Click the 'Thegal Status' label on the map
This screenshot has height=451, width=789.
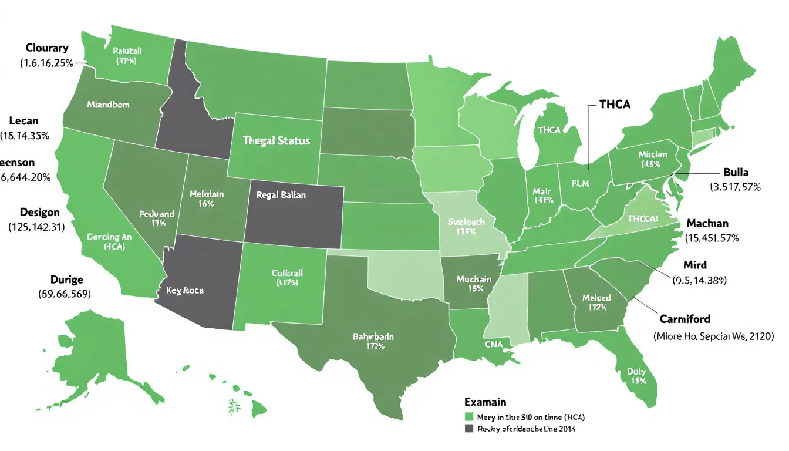[x=276, y=142]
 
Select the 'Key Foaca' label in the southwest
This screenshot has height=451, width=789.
[x=181, y=290]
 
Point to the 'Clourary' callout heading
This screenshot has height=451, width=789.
[x=47, y=48]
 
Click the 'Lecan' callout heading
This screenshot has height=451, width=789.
[x=24, y=121]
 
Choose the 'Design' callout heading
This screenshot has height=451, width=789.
[x=39, y=212]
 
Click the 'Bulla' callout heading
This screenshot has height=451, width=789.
[x=736, y=173]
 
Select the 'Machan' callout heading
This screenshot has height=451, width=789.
[x=707, y=224]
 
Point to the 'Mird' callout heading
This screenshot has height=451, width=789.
[x=695, y=265]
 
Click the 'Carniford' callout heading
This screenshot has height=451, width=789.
[x=685, y=319]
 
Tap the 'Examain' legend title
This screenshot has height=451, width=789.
[x=485, y=403]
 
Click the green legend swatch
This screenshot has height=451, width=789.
[x=468, y=416]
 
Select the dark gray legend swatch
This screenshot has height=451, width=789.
[x=468, y=429]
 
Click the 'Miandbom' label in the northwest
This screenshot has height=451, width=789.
[x=108, y=105]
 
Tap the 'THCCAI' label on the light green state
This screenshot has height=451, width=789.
[x=645, y=218]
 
